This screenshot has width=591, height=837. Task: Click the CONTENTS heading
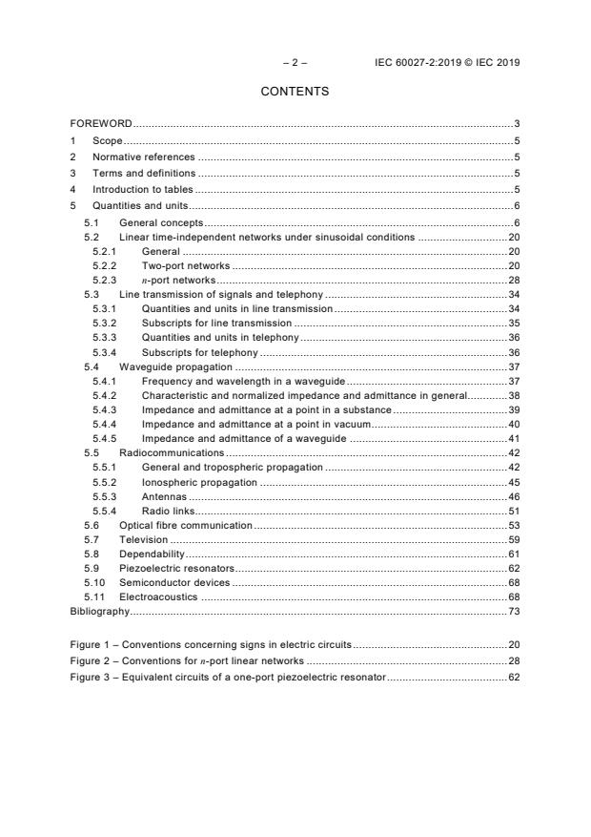[x=295, y=92]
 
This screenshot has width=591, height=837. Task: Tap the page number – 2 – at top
[x=295, y=63]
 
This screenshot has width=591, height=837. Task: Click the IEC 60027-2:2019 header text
[x=447, y=63]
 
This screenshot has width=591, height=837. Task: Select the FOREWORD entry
[x=101, y=124]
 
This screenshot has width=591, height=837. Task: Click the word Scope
[x=107, y=140]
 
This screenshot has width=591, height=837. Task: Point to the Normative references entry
[x=143, y=157]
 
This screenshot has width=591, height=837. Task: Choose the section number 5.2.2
[x=104, y=266]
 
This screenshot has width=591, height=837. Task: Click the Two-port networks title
[x=185, y=266]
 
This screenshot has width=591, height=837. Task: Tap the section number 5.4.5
[x=104, y=438]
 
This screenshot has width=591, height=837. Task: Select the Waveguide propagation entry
[x=175, y=366]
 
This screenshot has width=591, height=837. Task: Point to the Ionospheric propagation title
[x=199, y=482]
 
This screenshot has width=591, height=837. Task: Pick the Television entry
[x=143, y=539]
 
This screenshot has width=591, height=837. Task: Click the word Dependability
[x=151, y=554]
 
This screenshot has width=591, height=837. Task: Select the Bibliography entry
[x=99, y=610]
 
